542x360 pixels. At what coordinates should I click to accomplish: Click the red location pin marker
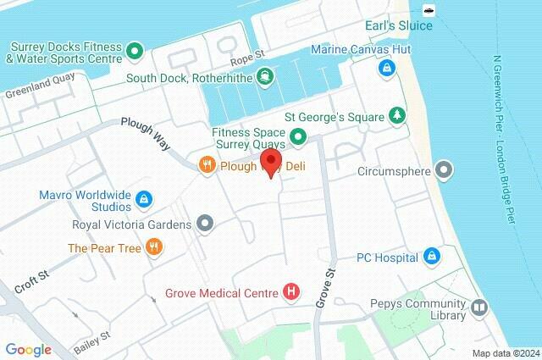tap(271, 162)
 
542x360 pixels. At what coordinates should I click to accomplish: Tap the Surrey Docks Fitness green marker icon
tap(134, 53)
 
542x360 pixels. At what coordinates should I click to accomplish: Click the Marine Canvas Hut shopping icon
tap(386, 67)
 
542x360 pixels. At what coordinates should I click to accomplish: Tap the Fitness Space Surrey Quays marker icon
tap(297, 136)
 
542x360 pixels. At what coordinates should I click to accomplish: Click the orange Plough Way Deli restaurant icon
tap(206, 166)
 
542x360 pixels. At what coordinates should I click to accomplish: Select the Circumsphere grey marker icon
tap(444, 170)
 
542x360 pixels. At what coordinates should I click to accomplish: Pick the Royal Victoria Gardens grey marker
tap(204, 224)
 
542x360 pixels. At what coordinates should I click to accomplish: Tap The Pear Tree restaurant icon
tap(153, 247)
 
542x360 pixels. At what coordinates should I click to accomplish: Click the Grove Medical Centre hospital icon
tap(292, 293)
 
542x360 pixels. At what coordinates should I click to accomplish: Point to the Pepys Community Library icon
tap(480, 307)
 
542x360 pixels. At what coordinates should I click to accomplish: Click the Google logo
tap(28, 349)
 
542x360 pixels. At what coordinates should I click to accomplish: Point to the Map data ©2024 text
tap(505, 352)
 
